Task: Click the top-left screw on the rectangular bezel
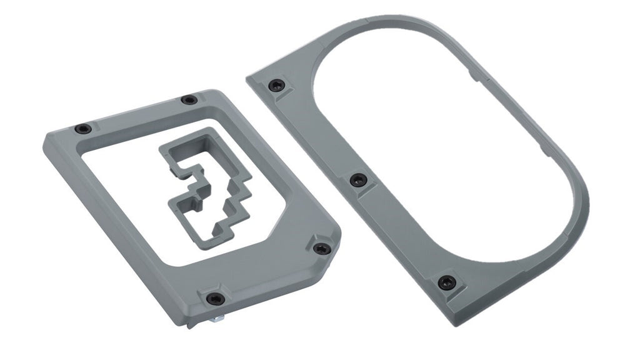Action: coord(82,129)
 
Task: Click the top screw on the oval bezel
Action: coord(276,86)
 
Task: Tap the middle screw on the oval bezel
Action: coord(356,180)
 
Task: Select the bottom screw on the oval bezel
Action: coord(445,282)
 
